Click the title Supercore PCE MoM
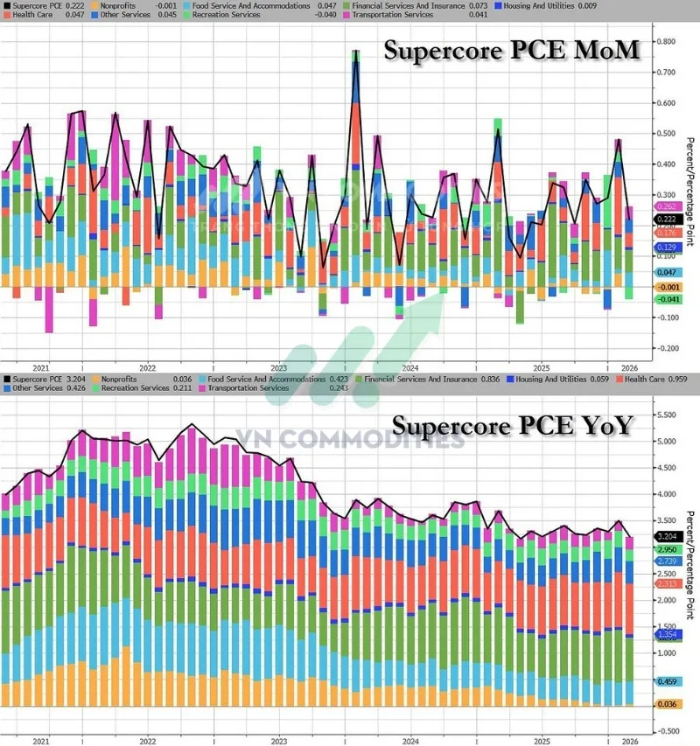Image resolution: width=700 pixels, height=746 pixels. [x=511, y=50]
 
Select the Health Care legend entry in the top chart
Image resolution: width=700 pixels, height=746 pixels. [x=26, y=15]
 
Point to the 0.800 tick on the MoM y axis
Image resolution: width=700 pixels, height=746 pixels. [x=666, y=42]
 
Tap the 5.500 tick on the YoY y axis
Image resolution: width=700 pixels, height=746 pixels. [x=667, y=415]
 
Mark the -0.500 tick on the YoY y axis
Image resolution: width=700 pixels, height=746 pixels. [x=666, y=730]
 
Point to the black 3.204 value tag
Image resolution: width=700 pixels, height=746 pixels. [x=668, y=536]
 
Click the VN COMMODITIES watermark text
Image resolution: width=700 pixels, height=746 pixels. [x=350, y=439]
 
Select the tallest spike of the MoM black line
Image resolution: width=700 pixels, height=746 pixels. [x=356, y=52]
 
